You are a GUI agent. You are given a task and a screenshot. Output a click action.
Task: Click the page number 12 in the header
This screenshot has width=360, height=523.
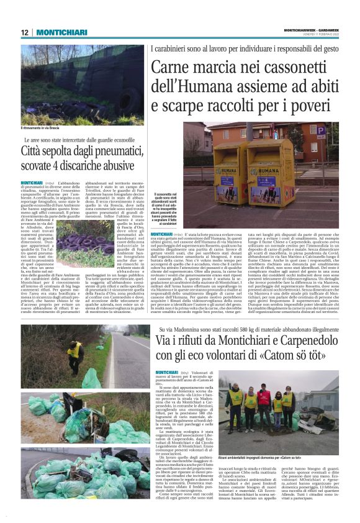(25, 32)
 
